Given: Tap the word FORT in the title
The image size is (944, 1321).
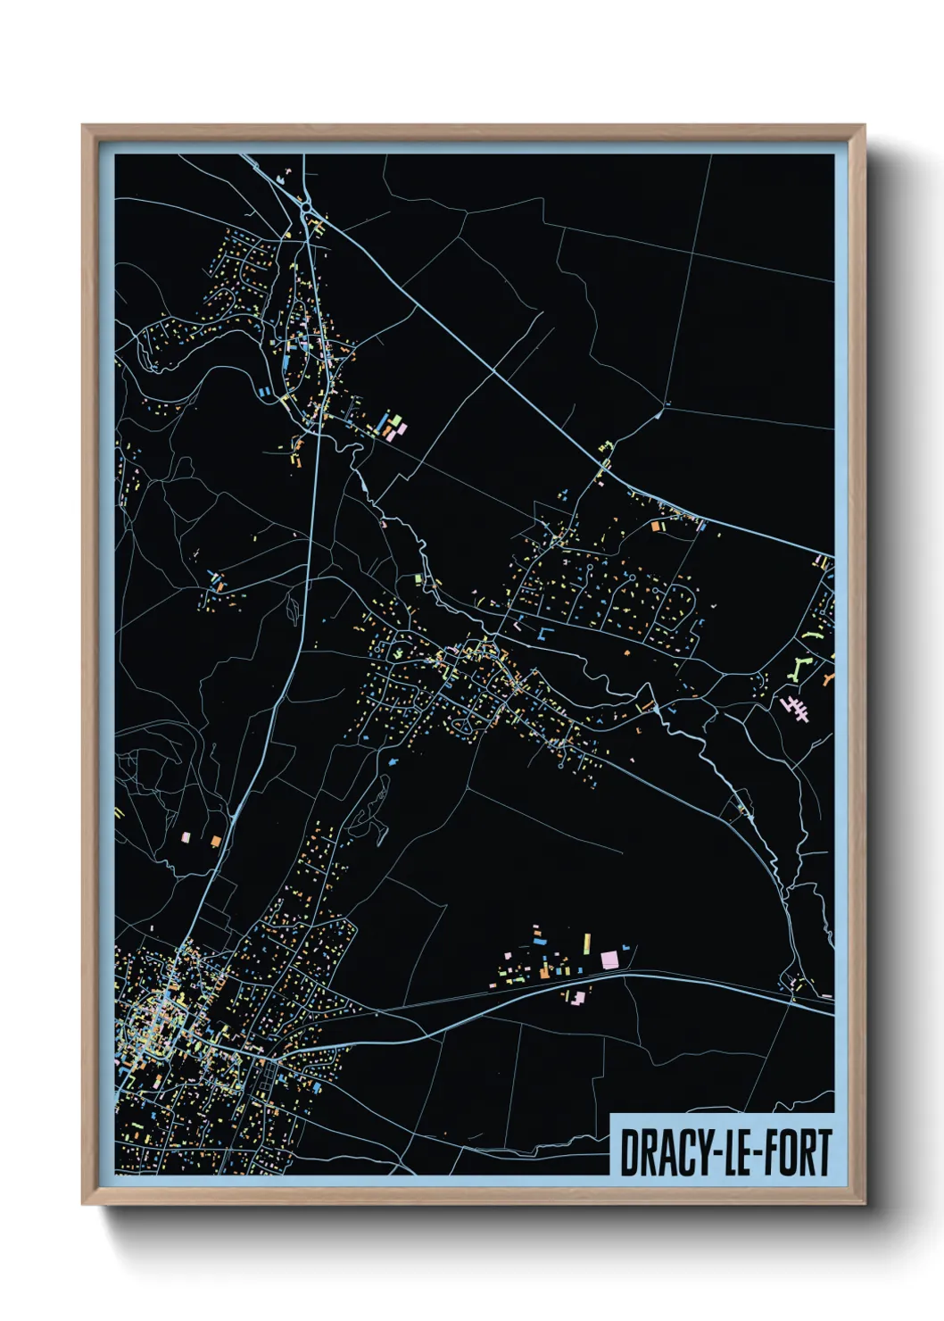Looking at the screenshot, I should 796,1153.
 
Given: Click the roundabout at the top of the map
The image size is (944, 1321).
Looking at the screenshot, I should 306,207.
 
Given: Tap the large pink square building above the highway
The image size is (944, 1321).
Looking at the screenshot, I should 609,960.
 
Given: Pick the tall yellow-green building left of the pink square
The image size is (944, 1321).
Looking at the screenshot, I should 586,943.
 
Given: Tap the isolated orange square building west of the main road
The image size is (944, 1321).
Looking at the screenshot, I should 215,840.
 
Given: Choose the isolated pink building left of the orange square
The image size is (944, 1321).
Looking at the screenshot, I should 186,837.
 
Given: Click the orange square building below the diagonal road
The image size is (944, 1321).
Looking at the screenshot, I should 657,527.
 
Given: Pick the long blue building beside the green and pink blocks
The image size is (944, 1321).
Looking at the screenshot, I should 381,422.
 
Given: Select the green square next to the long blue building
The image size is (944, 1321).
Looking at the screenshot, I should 392,418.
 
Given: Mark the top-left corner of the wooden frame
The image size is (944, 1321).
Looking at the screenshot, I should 83,126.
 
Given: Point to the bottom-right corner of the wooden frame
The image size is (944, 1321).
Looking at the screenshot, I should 864,1203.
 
